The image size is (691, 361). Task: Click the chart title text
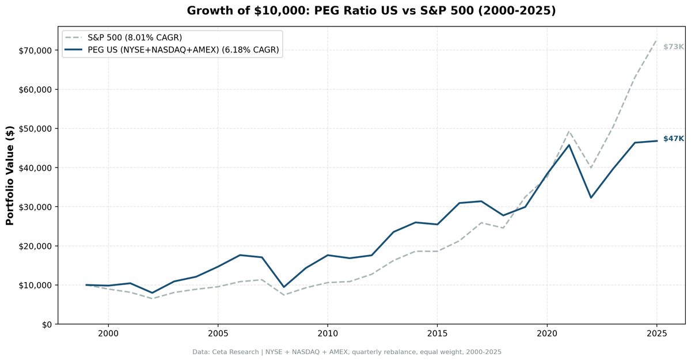[371, 11]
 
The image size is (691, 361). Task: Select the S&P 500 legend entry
[135, 38]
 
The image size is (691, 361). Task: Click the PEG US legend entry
[183, 50]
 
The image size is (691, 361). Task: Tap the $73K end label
[673, 47]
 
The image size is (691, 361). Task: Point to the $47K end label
[673, 139]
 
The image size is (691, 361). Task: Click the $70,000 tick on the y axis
[36, 51]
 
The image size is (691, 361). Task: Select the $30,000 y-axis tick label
[36, 207]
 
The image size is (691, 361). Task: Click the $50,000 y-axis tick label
[36, 129]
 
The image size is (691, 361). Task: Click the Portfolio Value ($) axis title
[10, 176]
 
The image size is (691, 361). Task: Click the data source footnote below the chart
[347, 352]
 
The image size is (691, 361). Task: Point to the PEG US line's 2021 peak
[569, 145]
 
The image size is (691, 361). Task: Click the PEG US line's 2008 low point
[283, 287]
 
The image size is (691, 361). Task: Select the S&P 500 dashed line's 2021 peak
[569, 131]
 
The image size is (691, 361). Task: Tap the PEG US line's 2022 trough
[591, 197]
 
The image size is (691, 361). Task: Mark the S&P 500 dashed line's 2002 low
[152, 299]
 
